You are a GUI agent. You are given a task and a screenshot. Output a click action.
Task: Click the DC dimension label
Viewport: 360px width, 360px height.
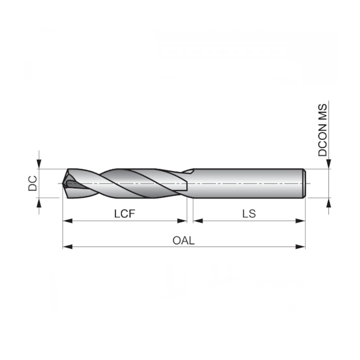click(x=33, y=183)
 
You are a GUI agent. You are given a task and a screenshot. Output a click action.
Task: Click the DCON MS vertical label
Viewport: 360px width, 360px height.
click(x=323, y=129)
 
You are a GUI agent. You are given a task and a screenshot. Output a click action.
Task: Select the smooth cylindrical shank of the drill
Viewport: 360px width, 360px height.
click(x=249, y=183)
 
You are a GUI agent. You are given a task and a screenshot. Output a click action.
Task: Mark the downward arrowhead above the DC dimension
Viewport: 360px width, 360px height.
click(x=39, y=164)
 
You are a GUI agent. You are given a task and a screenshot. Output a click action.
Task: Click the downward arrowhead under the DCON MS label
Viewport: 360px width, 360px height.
click(x=329, y=164)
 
